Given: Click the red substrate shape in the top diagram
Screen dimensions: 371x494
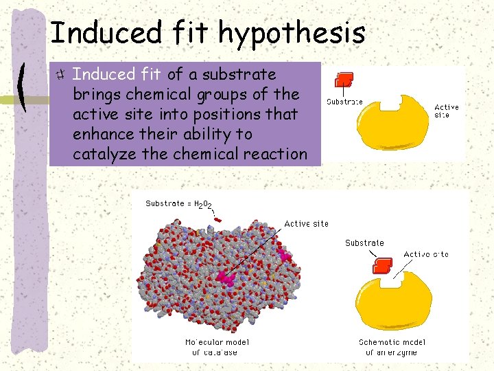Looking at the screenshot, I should coord(344,80).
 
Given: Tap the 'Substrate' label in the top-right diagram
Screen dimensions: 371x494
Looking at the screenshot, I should coord(344,102).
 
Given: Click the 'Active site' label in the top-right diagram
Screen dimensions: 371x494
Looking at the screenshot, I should coord(447,111).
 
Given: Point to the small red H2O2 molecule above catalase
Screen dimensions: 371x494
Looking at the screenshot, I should coord(217,219).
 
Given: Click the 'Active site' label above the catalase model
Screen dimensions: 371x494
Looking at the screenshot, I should coord(306,223).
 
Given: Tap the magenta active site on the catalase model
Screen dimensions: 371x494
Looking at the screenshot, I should coord(225,278).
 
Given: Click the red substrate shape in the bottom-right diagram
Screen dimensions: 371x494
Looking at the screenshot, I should coord(381,266).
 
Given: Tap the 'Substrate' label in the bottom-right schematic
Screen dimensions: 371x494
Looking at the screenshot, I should coord(364,243).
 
